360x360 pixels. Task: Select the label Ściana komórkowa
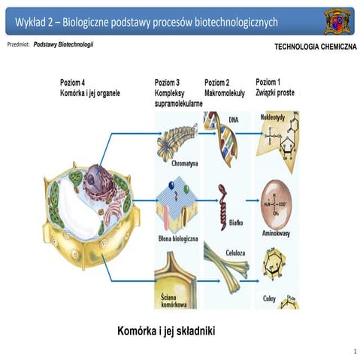pyautogui.click(x=171, y=298)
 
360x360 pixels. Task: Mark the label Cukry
pyautogui.click(x=270, y=298)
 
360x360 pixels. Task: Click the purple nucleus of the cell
pyautogui.click(x=97, y=181)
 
